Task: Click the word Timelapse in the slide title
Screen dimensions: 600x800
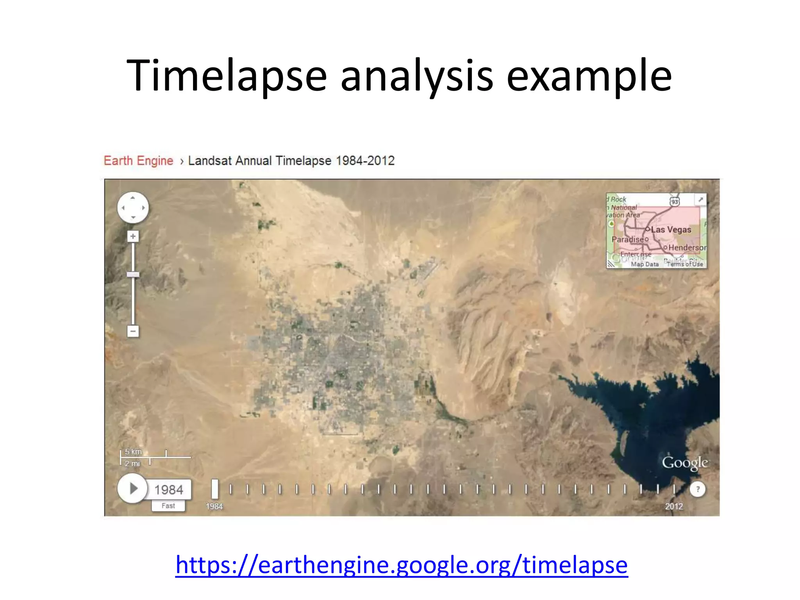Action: click(227, 76)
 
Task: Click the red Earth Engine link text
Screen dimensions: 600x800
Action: click(138, 161)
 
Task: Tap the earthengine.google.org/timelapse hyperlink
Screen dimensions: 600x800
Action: click(401, 565)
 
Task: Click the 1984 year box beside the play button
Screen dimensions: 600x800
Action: click(168, 489)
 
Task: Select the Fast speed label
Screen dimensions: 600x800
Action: click(168, 506)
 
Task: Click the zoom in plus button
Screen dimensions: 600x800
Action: click(133, 236)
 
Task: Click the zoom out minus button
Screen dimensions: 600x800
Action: click(133, 332)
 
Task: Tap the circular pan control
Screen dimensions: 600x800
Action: click(133, 208)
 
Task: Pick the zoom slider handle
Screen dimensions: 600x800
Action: click(133, 275)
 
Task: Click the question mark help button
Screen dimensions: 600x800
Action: click(698, 489)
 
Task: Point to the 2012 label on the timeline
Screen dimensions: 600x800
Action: click(674, 506)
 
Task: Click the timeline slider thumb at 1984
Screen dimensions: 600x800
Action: click(214, 489)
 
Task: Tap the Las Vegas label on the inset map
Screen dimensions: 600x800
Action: click(671, 230)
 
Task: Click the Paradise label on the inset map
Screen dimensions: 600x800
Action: click(627, 239)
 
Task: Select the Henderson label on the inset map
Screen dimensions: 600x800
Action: click(687, 248)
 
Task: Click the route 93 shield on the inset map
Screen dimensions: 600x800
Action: click(675, 201)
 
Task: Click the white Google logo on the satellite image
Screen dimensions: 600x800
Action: click(685, 463)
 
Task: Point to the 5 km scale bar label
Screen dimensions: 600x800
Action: click(133, 452)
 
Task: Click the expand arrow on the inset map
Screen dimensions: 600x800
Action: click(701, 200)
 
